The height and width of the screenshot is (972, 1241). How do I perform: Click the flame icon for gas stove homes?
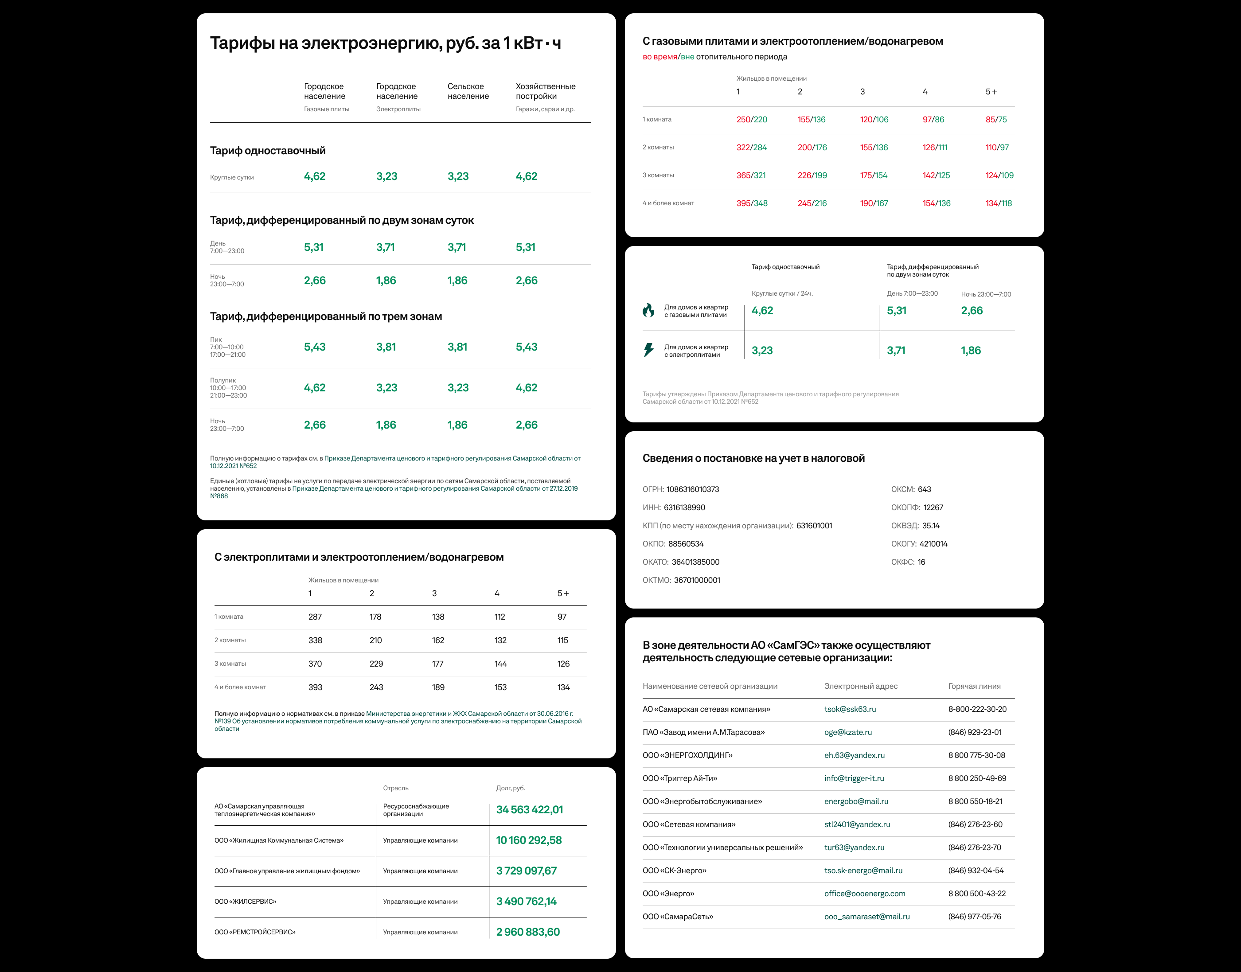click(648, 310)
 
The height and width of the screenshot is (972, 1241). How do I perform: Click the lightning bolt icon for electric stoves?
click(648, 350)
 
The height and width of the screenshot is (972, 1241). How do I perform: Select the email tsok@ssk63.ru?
click(850, 709)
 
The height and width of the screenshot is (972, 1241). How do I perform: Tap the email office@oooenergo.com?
click(864, 894)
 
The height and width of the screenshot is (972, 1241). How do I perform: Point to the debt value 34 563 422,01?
click(529, 809)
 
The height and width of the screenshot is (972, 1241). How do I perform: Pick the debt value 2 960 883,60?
click(527, 932)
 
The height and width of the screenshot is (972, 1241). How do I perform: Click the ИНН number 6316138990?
click(684, 507)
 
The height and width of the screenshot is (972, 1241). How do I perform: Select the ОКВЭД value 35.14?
click(931, 526)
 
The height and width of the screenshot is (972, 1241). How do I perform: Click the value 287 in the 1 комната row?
click(315, 617)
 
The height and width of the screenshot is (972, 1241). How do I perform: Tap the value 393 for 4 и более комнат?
click(315, 687)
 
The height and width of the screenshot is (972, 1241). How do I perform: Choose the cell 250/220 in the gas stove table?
click(751, 120)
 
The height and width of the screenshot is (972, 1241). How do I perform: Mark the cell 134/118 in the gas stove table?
click(998, 203)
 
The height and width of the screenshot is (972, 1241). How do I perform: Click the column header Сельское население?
click(468, 91)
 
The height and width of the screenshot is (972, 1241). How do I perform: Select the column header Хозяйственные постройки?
click(545, 91)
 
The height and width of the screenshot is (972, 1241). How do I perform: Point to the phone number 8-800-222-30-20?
click(977, 709)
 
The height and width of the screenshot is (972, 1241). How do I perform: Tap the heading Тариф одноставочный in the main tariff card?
click(267, 151)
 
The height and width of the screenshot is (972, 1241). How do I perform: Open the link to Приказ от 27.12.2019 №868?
click(434, 489)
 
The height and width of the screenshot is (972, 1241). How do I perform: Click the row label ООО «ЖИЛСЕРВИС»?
click(245, 902)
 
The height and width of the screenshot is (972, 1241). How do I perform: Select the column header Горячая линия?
click(974, 686)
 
